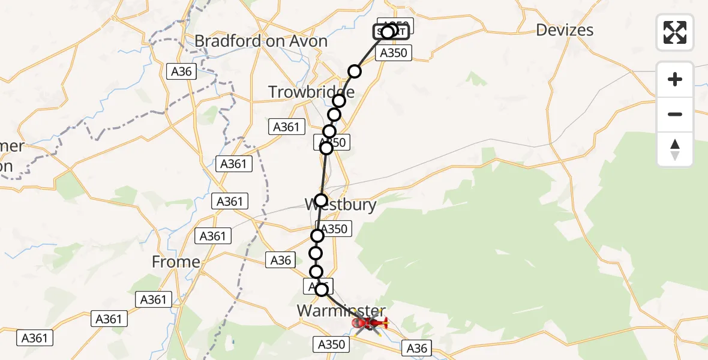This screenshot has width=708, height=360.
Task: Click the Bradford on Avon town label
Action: point(261,41)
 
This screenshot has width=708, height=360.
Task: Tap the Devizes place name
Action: point(564,30)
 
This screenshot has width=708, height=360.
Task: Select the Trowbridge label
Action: point(311,92)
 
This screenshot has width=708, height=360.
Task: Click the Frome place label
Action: point(176,262)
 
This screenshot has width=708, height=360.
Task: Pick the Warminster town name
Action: point(341,310)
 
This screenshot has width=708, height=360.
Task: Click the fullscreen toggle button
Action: point(675,32)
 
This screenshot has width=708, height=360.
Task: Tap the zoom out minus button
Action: point(675,114)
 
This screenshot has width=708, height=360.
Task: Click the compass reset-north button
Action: point(675,149)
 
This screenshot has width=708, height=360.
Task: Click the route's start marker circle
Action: point(388,32)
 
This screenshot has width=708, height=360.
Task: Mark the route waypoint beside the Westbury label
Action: point(321,200)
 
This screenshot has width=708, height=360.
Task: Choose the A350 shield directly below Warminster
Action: point(331,344)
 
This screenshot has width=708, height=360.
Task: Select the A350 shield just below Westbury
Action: point(334,229)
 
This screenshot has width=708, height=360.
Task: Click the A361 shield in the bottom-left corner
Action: point(34,338)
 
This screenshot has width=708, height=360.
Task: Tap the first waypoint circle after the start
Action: point(355,71)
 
